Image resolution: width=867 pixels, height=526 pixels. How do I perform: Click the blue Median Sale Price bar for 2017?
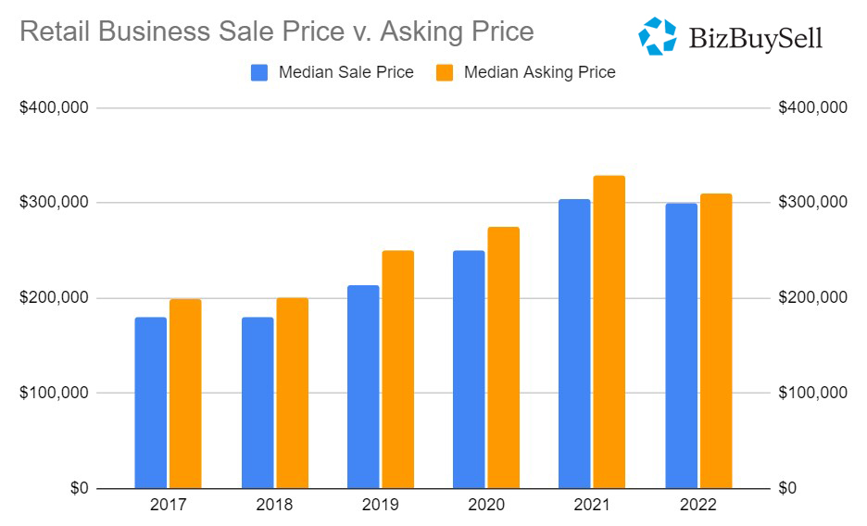150,403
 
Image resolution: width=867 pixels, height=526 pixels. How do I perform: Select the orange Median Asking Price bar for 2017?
185,394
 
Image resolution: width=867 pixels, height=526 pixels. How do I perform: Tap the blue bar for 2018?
258,403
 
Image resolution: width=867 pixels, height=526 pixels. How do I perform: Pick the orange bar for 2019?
397,369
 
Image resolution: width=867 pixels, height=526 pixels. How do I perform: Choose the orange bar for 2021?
609,332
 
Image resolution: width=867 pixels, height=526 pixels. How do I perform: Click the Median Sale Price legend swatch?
260,72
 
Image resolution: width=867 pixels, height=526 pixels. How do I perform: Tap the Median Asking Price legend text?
539,72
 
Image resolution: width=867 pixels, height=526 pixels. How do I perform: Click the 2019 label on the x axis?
381,506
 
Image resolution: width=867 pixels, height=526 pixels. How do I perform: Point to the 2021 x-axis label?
592,506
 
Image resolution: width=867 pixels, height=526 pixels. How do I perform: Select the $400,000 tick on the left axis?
54,108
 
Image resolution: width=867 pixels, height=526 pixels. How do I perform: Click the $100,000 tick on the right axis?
812,394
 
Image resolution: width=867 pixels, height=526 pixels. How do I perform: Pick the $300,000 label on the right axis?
812,203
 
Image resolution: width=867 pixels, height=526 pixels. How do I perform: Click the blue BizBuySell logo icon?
658,36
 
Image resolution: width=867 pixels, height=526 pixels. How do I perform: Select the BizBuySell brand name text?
756,38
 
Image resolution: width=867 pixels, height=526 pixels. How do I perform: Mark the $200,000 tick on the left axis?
54,298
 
